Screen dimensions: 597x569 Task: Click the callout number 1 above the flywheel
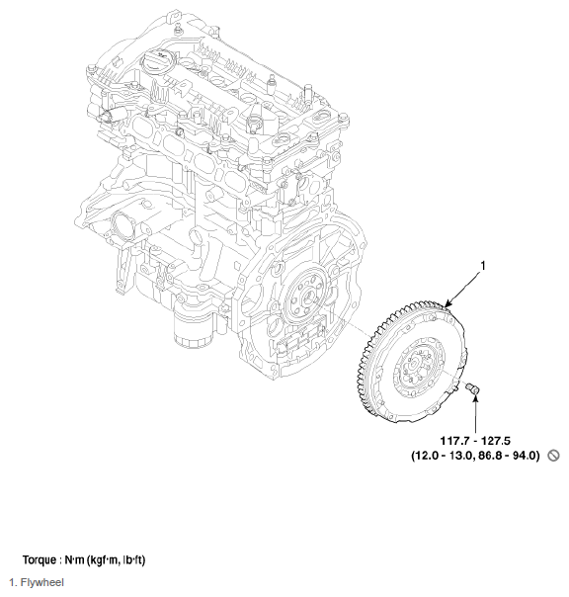coord(482,266)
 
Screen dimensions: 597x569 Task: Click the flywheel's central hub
coord(414,365)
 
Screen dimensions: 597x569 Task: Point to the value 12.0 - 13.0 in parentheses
coord(446,456)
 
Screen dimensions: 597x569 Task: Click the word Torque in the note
coord(40,560)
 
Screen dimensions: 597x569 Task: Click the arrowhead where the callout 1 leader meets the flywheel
coord(447,307)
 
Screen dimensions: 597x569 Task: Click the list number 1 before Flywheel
coord(11,583)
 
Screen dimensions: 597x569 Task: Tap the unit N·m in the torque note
coord(73,560)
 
